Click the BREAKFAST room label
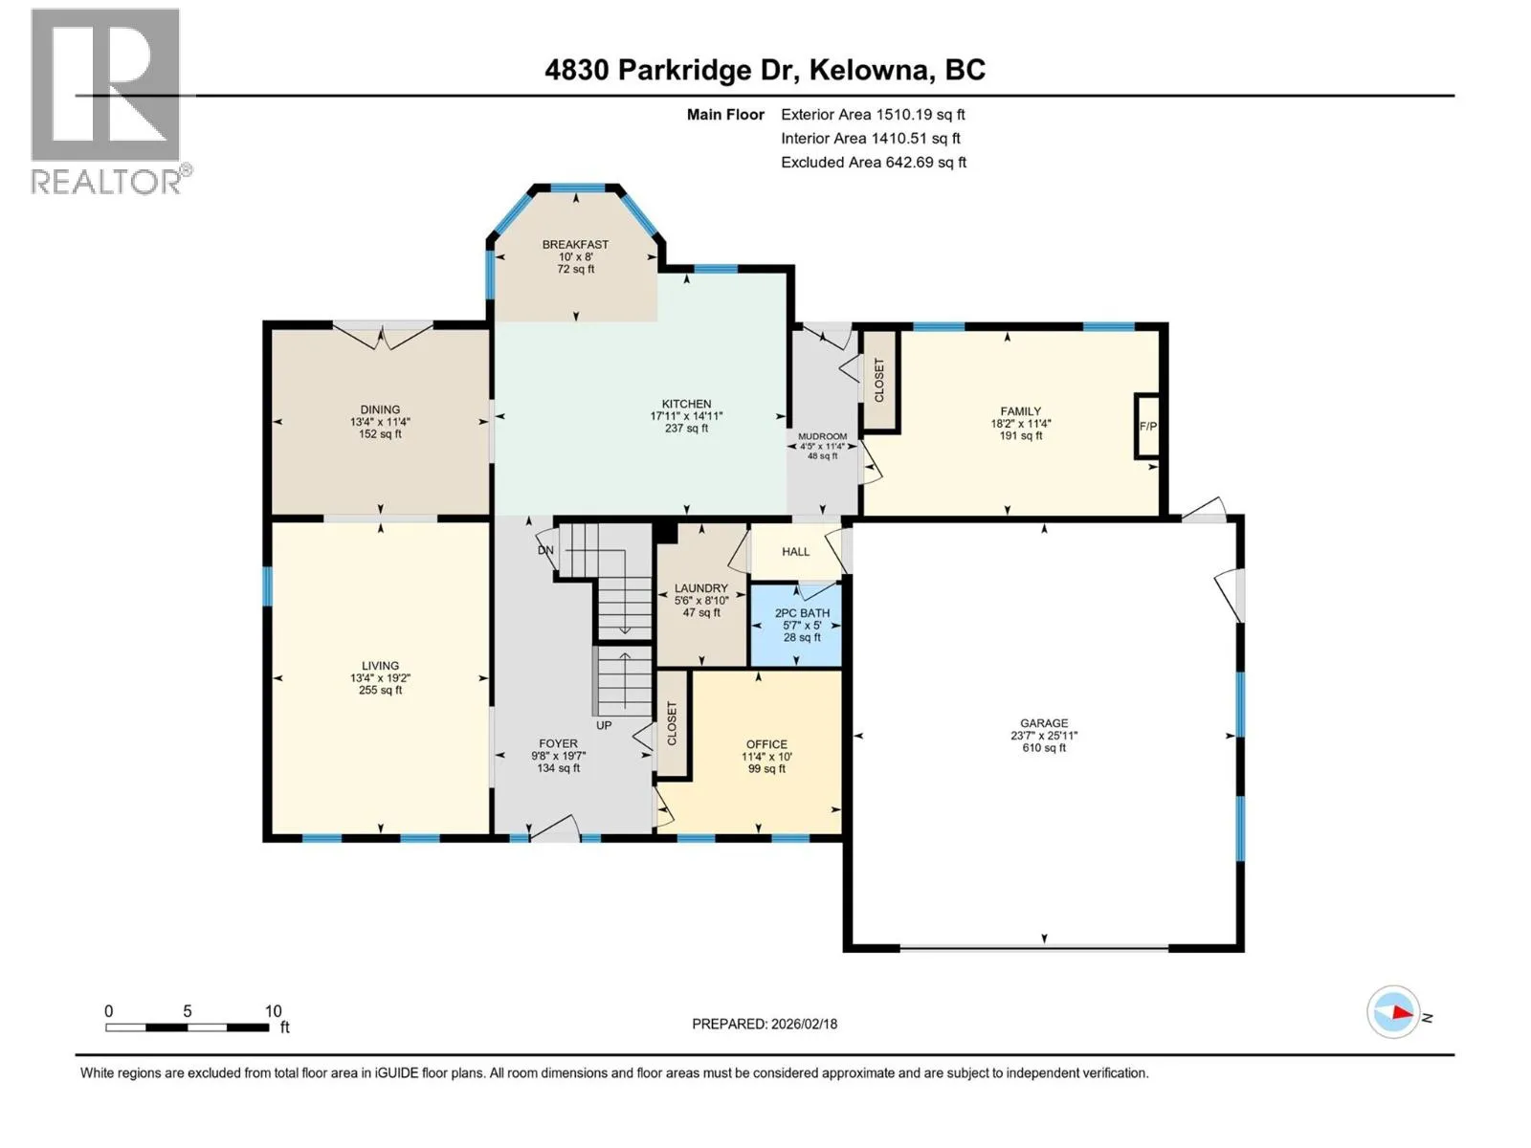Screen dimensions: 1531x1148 click(x=575, y=245)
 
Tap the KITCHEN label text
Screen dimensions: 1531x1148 click(x=686, y=405)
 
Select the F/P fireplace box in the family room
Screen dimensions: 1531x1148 click(x=1147, y=426)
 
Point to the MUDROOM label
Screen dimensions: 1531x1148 click(x=822, y=436)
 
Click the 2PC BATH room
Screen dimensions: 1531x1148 click(x=796, y=626)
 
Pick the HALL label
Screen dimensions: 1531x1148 click(x=796, y=552)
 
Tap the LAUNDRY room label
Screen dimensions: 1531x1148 click(x=701, y=588)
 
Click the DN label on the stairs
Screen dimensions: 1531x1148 click(x=545, y=550)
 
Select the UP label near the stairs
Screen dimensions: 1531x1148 click(x=604, y=725)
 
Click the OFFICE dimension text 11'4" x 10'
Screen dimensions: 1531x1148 click(x=766, y=757)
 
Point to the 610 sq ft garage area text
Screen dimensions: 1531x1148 click(x=1043, y=748)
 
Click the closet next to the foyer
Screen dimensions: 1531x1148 click(x=672, y=723)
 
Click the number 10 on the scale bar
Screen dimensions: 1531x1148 click(x=274, y=1010)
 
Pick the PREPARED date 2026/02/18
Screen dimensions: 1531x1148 click(x=804, y=1024)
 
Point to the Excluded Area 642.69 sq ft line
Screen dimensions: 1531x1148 click(x=874, y=163)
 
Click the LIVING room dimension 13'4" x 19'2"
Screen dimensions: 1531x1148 click(x=380, y=677)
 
